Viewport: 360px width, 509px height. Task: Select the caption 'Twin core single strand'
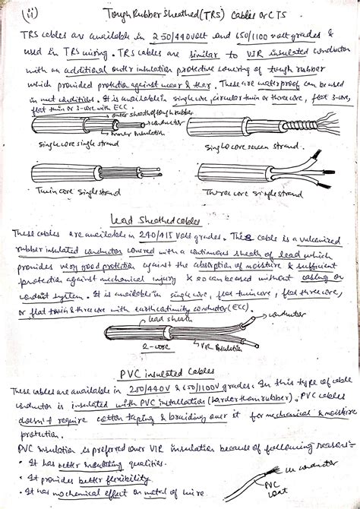click(x=71, y=194)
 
